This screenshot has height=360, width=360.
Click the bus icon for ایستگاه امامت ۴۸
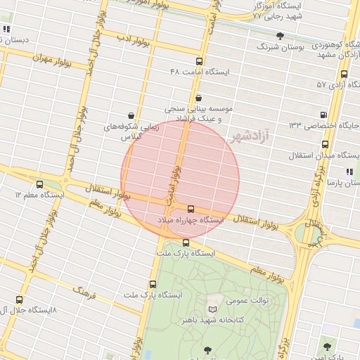(x=199, y=61)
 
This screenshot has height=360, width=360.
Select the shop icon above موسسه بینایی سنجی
(x=199, y=98)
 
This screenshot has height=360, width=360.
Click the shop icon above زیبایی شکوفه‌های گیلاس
(x=131, y=115)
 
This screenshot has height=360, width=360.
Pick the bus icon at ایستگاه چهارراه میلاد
(x=191, y=209)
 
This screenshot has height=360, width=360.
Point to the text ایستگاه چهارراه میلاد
(x=191, y=221)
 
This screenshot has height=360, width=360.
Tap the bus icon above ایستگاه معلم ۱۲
(x=39, y=184)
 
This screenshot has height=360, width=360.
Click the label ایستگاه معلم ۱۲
(x=40, y=195)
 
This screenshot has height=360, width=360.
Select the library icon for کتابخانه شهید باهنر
(x=213, y=309)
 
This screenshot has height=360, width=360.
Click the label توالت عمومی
(x=247, y=300)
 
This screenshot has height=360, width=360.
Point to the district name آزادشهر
(x=250, y=136)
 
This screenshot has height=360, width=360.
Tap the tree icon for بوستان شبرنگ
(x=281, y=36)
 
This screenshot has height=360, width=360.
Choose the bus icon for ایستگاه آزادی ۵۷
(x=344, y=73)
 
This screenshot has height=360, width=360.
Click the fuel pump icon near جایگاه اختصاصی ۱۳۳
(x=323, y=114)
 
